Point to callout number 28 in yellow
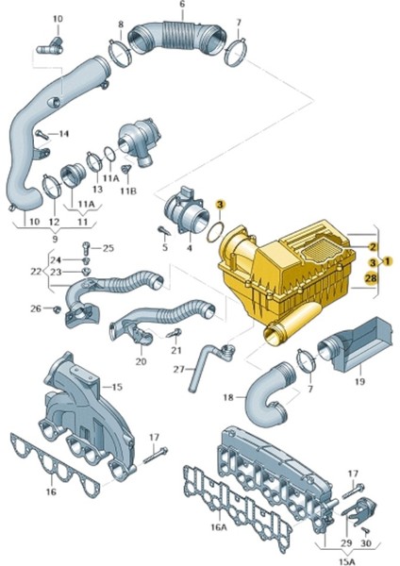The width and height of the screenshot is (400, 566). pos(372,277)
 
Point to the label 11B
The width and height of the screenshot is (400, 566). pos(128,191)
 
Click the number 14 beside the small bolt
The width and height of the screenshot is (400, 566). pos(63,134)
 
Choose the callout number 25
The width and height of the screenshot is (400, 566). pos(108,248)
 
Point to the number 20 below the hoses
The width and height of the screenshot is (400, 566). pos(141,361)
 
